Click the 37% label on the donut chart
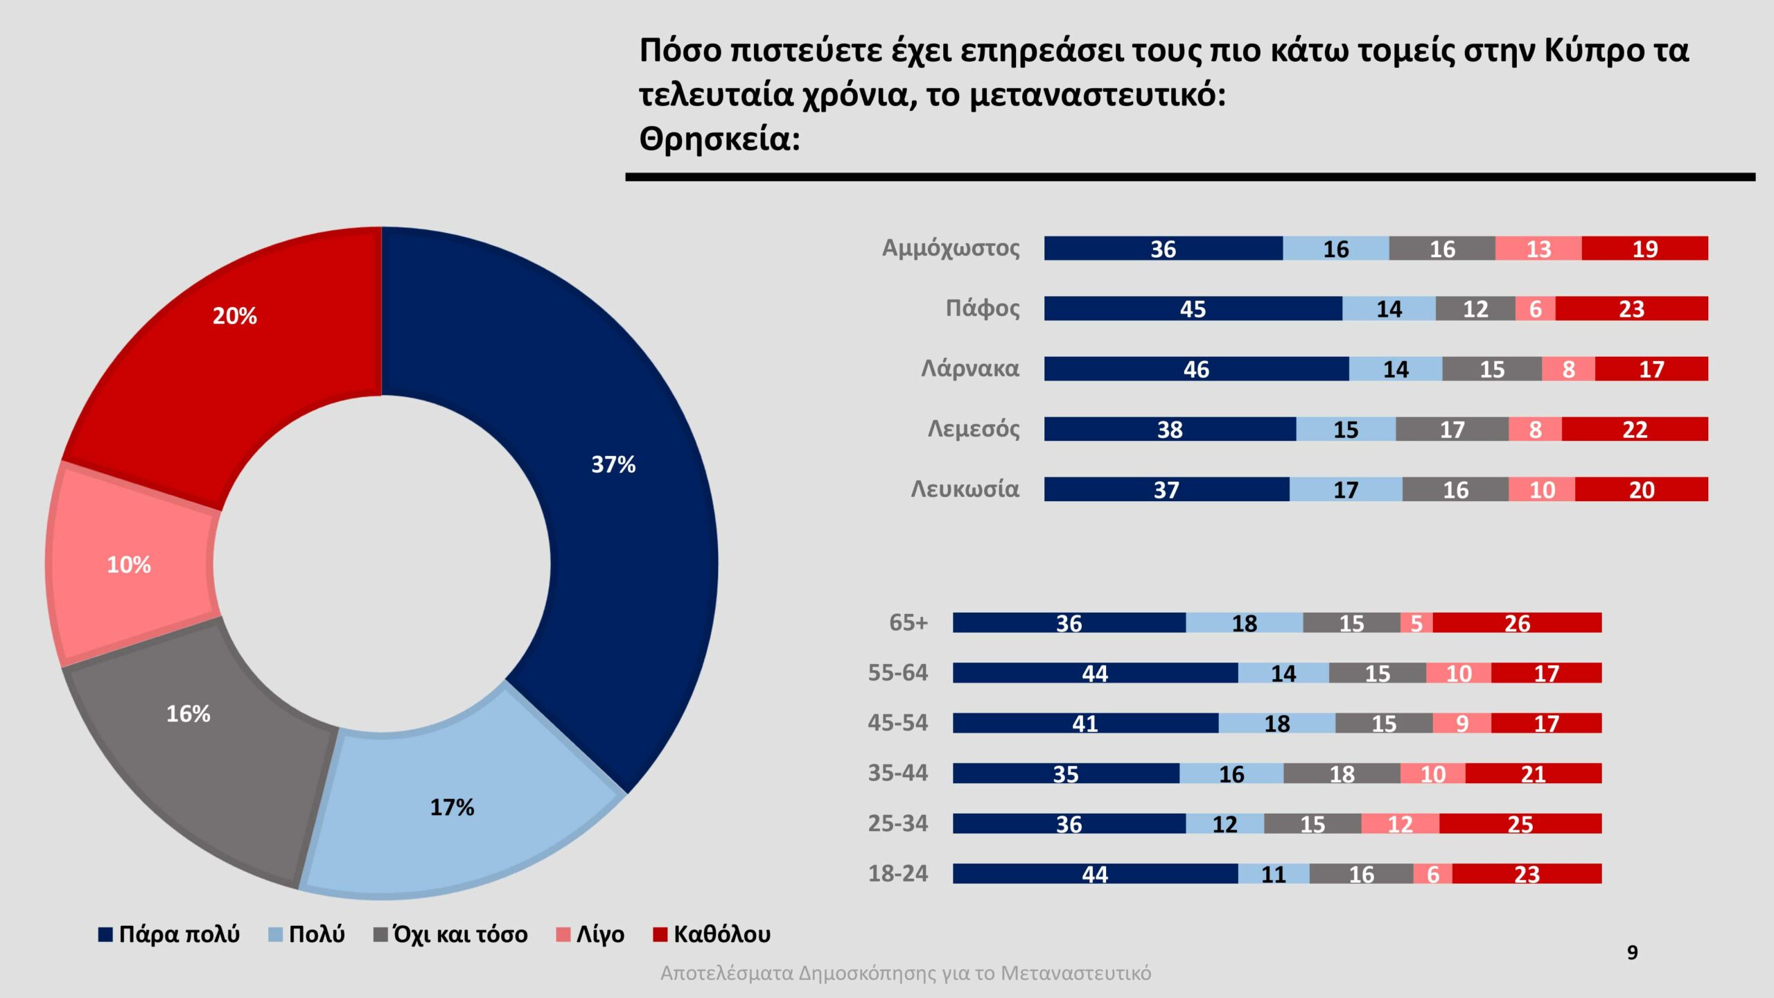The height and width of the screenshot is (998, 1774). [613, 464]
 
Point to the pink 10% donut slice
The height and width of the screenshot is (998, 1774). [132, 565]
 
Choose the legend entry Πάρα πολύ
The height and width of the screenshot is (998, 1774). [169, 934]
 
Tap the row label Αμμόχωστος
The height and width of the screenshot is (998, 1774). [950, 248]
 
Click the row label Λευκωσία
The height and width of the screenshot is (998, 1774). [965, 489]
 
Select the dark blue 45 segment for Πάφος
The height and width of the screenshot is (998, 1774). [1193, 308]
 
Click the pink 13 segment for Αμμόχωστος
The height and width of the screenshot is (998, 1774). [1538, 248]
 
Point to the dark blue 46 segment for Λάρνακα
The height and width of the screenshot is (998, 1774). [1196, 369]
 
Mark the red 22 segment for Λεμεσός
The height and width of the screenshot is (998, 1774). [1635, 429]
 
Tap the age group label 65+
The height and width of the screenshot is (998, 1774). [908, 622]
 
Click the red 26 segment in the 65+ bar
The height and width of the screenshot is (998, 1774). [1517, 622]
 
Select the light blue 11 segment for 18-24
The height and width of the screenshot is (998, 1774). [1274, 874]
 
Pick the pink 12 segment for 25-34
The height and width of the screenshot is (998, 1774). [1400, 824]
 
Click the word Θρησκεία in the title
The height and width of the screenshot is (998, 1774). [719, 139]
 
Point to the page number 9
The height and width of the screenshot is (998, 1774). [1633, 953]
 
